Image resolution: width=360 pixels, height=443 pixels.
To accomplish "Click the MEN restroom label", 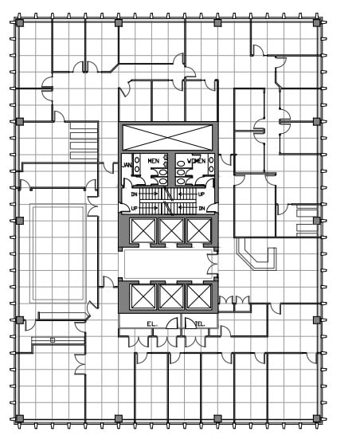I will point(154,161).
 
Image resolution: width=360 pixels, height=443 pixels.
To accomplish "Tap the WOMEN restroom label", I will point(196,161).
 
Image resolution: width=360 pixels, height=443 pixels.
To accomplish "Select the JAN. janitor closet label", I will point(127,166).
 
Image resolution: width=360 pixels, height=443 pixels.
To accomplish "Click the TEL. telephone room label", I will point(200,324).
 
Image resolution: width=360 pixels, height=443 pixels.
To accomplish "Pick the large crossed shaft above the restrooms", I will point(168,136).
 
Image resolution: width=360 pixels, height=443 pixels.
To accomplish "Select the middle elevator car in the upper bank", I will point(171,230).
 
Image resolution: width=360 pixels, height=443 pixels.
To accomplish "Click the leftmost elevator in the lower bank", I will point(144,296).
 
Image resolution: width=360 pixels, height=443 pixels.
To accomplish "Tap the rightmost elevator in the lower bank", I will point(198,296).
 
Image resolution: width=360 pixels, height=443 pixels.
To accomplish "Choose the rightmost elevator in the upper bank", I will point(198,230).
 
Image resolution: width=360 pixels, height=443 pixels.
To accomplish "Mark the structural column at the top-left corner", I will point(20,22).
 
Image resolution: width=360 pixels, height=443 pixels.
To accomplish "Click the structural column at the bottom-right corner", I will point(317,418).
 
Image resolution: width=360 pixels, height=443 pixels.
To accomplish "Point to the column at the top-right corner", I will point(317,22).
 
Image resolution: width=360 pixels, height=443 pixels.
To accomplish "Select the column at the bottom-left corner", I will point(20,418).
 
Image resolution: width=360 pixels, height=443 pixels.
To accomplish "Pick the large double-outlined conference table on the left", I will point(57,253).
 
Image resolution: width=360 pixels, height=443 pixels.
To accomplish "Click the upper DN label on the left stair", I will point(135,194).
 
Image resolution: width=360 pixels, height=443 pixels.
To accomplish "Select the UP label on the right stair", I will point(202,194).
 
